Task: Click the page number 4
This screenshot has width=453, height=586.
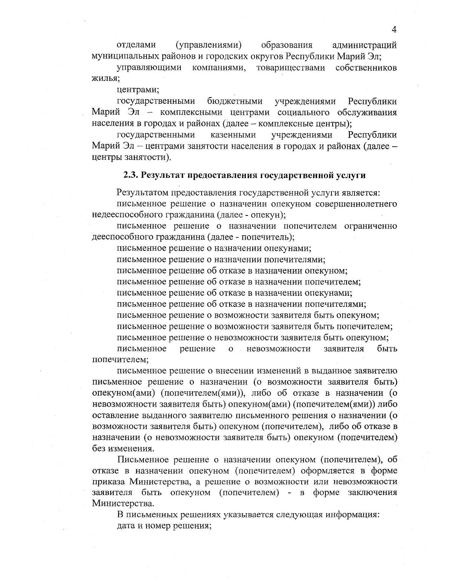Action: pos(394,30)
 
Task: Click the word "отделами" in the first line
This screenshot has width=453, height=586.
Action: pos(136,46)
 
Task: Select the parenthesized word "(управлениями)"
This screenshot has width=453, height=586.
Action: pos(209,46)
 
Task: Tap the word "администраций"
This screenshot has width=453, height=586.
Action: pos(364,46)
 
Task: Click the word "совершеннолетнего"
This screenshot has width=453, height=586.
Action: pos(356,204)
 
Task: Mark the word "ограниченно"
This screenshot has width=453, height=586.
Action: pos(370,226)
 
